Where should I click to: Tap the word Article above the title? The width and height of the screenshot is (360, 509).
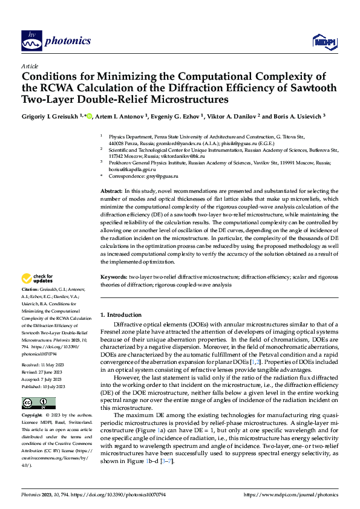tap(30, 65)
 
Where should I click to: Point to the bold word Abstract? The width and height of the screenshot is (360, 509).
tap(112, 191)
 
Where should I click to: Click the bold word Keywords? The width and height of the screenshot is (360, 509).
tap(114, 277)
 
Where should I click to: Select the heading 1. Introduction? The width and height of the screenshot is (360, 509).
tap(121, 315)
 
